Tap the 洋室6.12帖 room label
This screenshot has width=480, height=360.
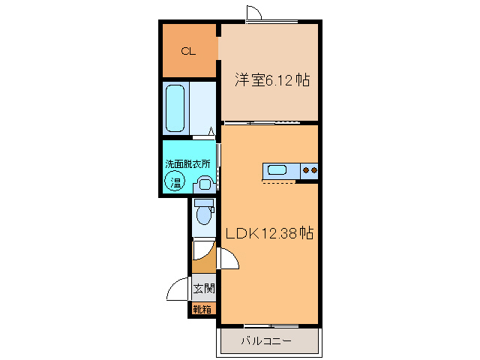click(273, 79)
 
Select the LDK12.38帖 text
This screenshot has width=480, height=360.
click(269, 233)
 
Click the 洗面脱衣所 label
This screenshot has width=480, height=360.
click(187, 163)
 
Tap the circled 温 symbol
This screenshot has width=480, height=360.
click(176, 181)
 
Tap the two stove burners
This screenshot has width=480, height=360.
click(309, 171)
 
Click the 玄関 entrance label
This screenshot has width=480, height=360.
click(203, 288)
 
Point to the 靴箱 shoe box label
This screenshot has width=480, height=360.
click(202, 307)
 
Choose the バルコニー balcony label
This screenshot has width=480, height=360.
click(266, 341)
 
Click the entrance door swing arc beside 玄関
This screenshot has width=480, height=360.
click(178, 289)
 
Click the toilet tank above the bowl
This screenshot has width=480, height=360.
click(203, 203)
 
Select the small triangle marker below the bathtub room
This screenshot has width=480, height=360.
click(211, 133)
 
